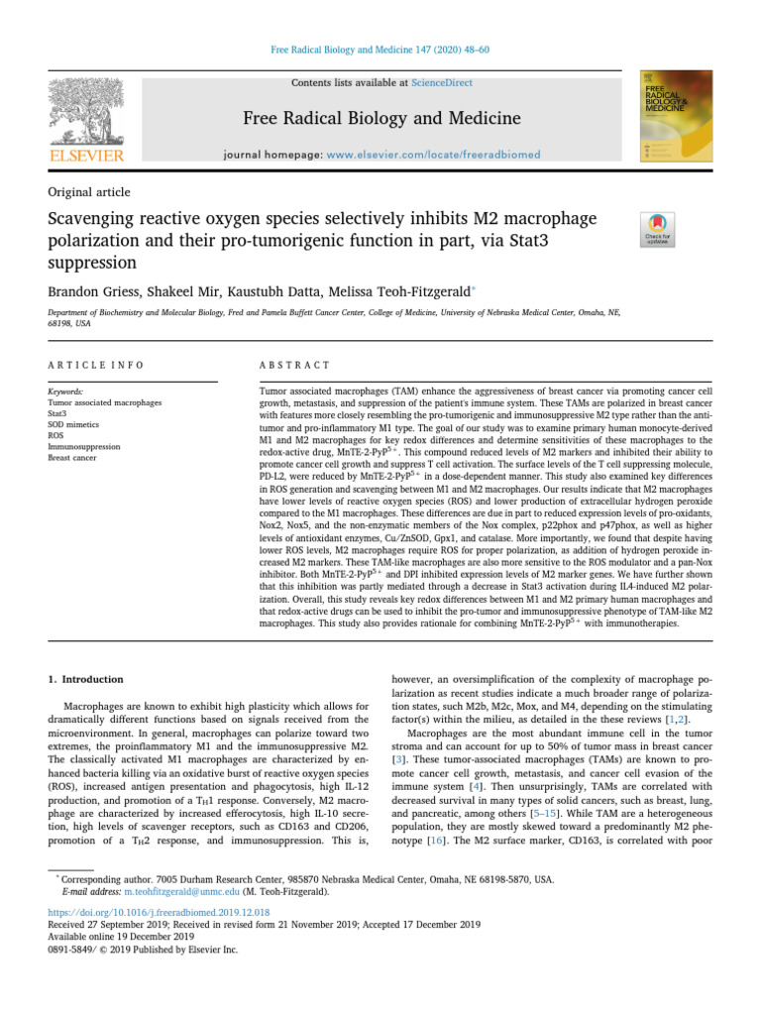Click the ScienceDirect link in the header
pos(443,83)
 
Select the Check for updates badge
pos(659,229)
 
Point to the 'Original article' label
pos(89,192)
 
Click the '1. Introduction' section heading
pos(93,679)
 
